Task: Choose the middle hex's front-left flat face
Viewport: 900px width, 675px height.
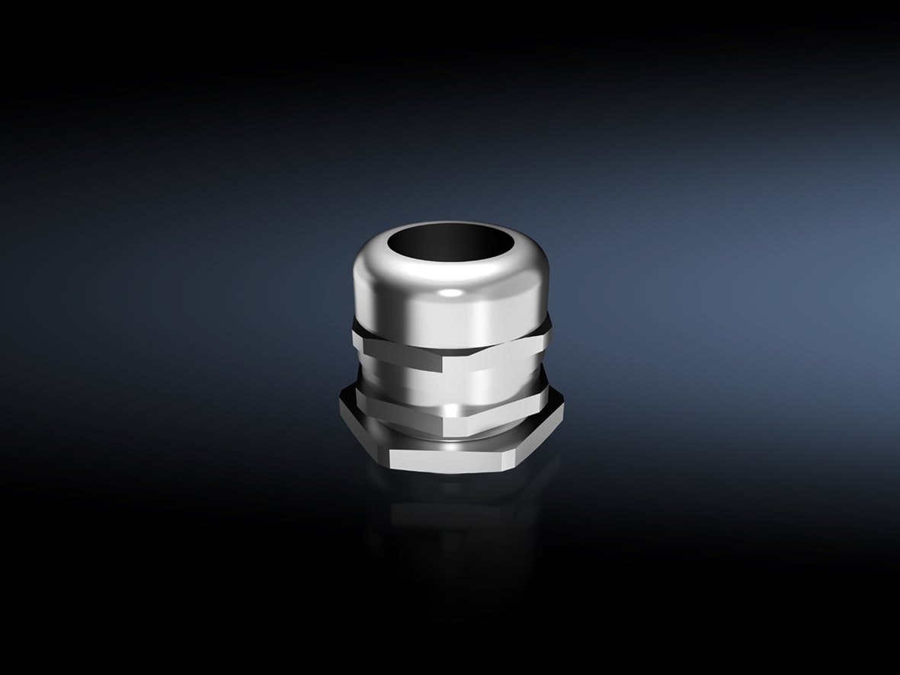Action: [x=400, y=404]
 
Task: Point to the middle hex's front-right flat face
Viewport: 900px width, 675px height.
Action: [x=499, y=404]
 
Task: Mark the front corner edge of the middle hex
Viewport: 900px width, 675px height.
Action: [x=448, y=412]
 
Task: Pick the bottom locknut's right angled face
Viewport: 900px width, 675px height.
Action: [x=537, y=438]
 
